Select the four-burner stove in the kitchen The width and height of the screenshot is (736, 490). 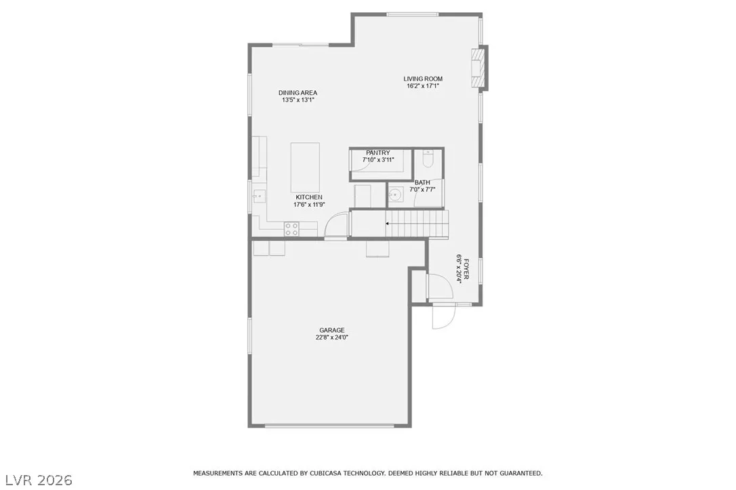(x=291, y=229)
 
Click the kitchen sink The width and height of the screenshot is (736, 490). (x=259, y=196)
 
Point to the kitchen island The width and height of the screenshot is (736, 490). (x=305, y=165)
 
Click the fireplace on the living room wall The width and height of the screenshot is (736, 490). (x=478, y=67)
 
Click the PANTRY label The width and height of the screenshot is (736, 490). (x=378, y=153)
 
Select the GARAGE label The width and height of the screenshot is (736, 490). (x=332, y=331)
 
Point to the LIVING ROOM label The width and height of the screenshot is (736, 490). (x=423, y=79)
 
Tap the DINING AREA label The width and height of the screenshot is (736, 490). (x=298, y=93)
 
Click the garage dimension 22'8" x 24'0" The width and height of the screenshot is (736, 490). (x=332, y=338)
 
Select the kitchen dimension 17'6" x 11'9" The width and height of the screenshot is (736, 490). (x=309, y=205)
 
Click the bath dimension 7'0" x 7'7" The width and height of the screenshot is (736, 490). (x=422, y=190)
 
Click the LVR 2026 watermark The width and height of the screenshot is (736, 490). (x=39, y=480)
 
